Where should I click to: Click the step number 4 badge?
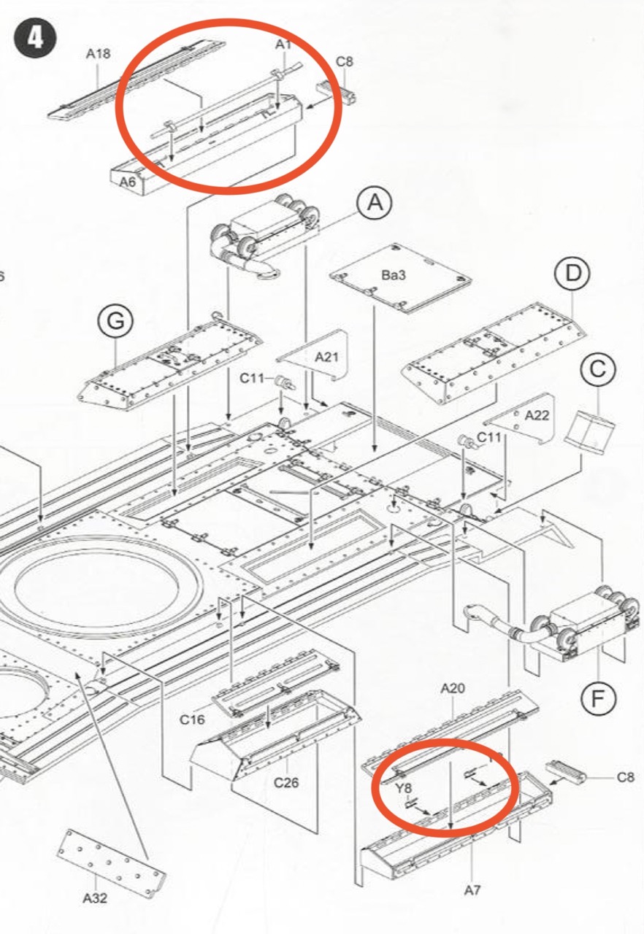34,39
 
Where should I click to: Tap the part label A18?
99,54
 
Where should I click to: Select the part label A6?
128,182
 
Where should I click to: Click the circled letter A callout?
375,203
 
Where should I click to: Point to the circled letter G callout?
115,322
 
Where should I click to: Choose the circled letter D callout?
572,274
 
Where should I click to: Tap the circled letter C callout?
598,369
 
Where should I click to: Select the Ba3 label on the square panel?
394,275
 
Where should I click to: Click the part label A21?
326,357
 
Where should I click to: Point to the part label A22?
537,415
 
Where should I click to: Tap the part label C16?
192,719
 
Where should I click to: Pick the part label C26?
286,783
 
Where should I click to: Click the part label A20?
453,688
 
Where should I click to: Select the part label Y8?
403,789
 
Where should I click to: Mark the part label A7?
472,891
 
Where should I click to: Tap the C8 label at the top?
344,62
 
